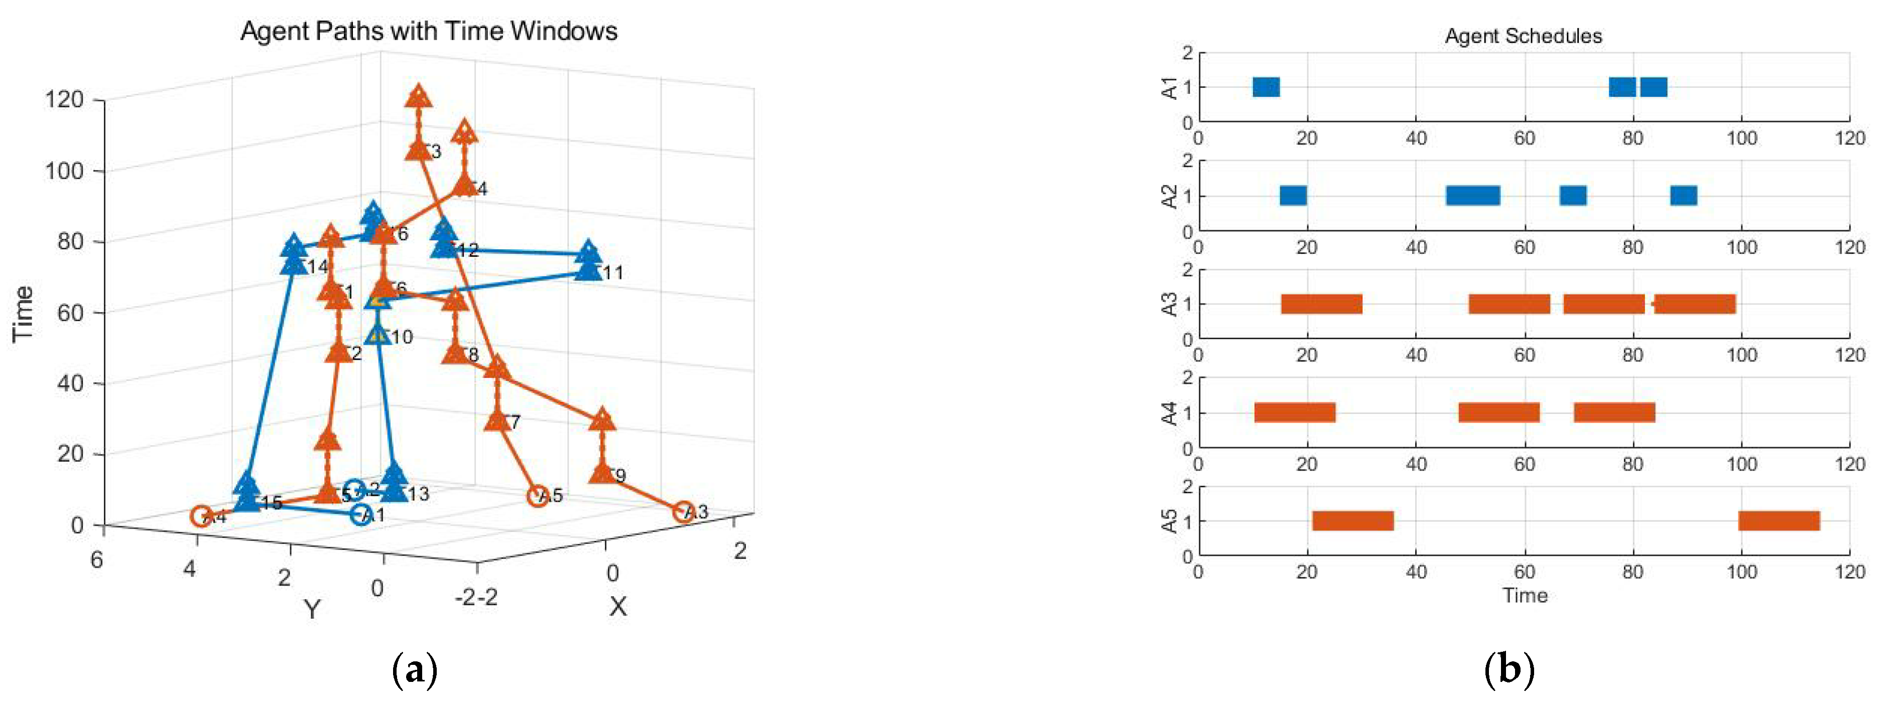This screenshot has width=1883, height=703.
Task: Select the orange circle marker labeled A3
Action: click(682, 511)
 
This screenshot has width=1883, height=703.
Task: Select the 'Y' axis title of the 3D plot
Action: click(312, 608)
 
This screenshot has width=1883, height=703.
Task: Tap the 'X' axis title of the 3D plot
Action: click(617, 606)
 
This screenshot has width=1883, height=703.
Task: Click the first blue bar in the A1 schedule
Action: click(1266, 87)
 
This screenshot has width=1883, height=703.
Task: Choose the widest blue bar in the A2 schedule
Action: click(1472, 195)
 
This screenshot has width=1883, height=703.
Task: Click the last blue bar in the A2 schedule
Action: click(1683, 195)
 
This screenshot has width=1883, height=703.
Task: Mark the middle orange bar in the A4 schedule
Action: click(1498, 412)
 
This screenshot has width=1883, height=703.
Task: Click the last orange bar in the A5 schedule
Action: click(1779, 521)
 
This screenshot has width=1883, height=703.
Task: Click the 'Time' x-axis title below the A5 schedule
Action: click(1525, 596)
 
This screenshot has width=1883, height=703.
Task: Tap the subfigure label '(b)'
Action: click(1509, 669)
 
